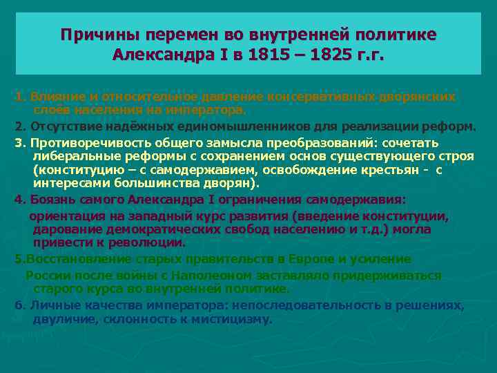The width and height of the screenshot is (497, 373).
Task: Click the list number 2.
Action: (17, 126)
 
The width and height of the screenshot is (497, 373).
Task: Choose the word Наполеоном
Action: (200, 276)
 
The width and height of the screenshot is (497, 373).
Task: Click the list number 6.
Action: (17, 305)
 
